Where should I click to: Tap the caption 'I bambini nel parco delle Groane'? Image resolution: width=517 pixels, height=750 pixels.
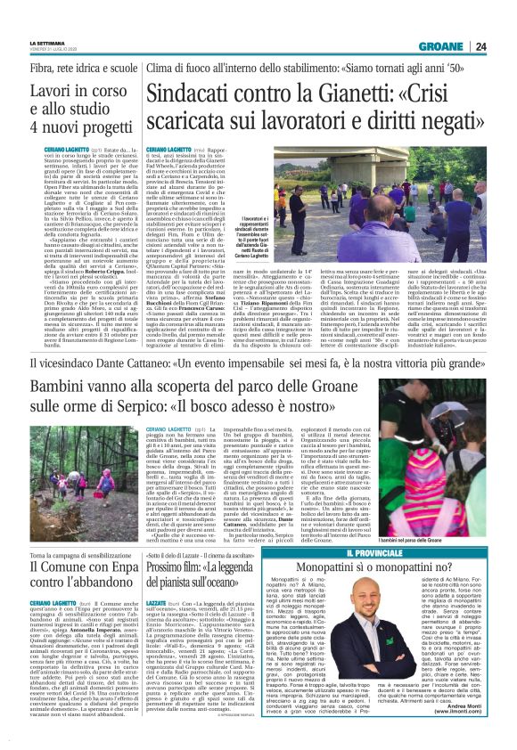(455, 517)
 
